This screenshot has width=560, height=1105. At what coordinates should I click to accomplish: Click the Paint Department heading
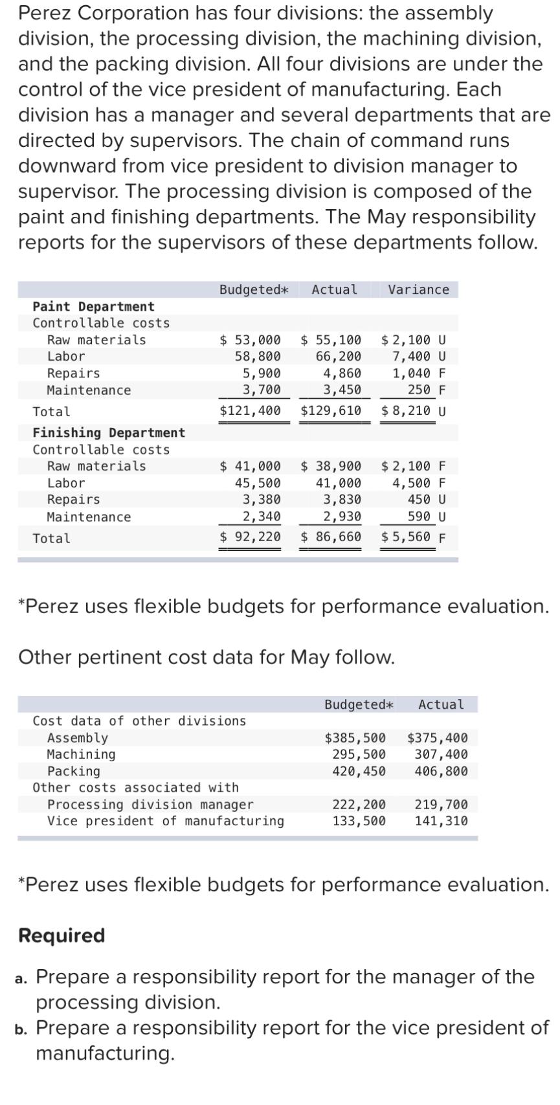point(93,306)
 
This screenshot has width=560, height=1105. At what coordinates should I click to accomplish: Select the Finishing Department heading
point(109,432)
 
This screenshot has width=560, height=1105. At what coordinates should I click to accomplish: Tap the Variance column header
point(418,289)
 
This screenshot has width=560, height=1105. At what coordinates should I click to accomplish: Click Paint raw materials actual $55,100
point(331,340)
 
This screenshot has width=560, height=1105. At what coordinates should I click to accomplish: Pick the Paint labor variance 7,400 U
point(419,356)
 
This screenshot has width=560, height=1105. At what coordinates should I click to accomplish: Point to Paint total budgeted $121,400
point(251,410)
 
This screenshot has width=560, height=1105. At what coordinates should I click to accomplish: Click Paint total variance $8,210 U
point(414,410)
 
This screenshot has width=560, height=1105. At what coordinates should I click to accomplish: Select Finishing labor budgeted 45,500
point(258,483)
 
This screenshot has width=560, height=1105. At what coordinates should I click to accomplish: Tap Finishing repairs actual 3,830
point(342,499)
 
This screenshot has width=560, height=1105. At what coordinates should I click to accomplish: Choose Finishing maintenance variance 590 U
point(427,517)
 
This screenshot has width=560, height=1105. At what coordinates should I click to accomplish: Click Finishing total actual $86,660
point(331,537)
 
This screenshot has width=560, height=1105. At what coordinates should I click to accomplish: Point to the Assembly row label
point(77,737)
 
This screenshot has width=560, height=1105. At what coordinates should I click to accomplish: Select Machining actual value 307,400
point(441,754)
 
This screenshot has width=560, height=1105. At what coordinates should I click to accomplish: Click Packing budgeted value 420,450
point(359,771)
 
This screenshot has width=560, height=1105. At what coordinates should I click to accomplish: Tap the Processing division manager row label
point(150,805)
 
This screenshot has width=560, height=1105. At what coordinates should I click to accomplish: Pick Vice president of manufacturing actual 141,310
point(441,821)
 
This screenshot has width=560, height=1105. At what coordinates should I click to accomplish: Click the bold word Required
point(62,935)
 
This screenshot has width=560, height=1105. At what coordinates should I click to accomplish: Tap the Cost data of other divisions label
point(139,720)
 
